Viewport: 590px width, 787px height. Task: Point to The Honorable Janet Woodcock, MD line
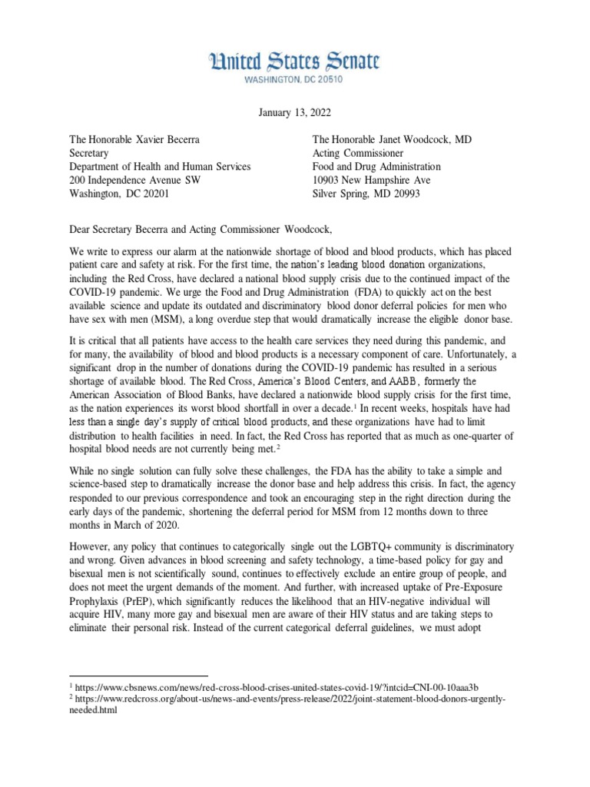pos(399,139)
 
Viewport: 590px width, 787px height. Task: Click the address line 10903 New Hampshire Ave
pos(371,180)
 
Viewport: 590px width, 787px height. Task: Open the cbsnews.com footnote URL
pos(284,686)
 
